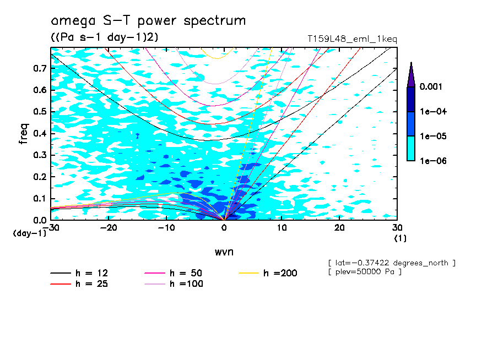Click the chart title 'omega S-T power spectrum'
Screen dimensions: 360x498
point(148,21)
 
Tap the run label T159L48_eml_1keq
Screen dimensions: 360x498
point(352,39)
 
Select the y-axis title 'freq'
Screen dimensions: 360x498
point(24,133)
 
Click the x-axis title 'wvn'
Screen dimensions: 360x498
point(224,252)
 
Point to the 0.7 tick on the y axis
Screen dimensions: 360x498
point(38,68)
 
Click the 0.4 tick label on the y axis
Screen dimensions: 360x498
point(38,133)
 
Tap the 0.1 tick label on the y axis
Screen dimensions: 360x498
point(38,198)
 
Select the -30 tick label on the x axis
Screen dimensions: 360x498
point(51,228)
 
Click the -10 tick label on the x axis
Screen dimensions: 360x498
point(166,228)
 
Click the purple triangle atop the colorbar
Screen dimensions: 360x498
point(411,75)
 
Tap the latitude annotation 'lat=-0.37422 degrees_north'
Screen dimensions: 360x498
point(392,263)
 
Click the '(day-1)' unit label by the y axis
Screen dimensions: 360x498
point(29,233)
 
